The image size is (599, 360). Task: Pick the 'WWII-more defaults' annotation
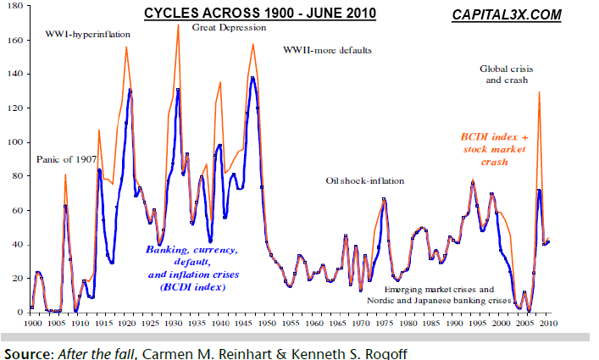pyautogui.click(x=327, y=50)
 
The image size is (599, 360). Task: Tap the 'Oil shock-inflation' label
pyautogui.click(x=365, y=181)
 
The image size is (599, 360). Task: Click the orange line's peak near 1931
pyautogui.click(x=178, y=25)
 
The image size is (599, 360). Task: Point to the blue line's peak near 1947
pyautogui.click(x=252, y=78)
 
